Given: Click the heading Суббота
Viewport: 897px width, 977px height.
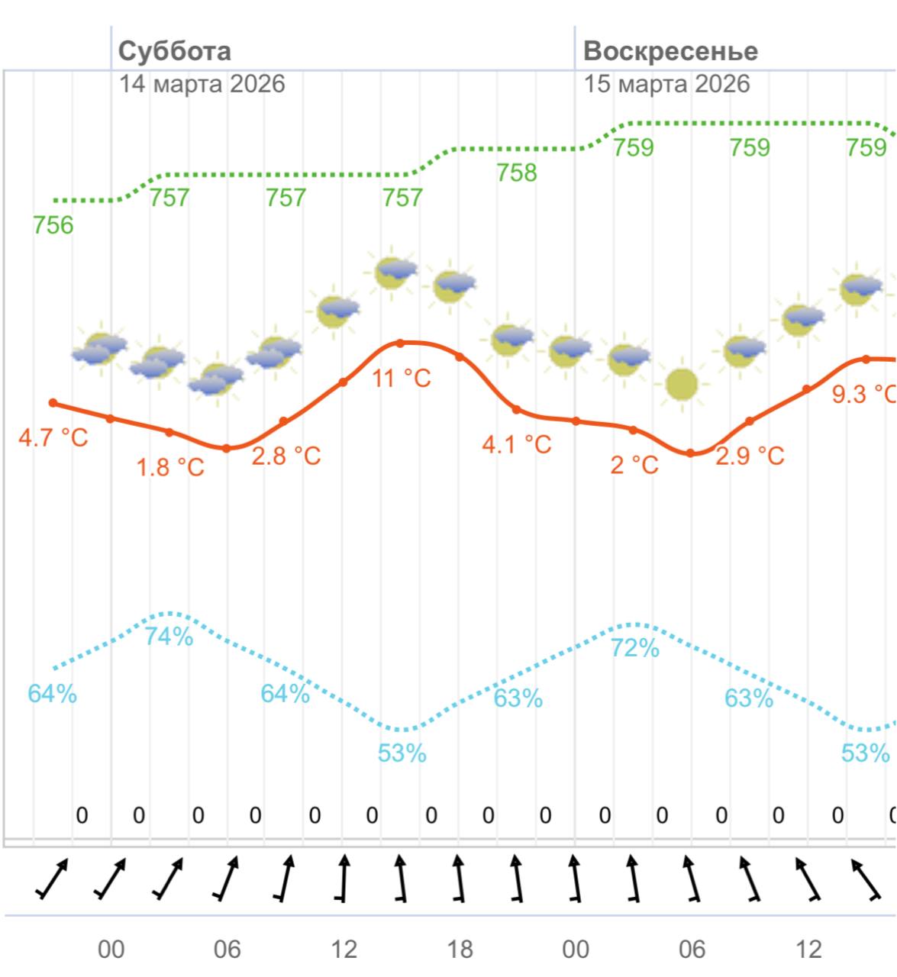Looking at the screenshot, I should tap(175, 51).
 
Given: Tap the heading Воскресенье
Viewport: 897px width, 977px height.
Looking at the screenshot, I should tap(670, 51).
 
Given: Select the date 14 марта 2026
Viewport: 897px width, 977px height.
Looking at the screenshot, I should tap(202, 83).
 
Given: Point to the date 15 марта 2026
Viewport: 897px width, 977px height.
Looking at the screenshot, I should tap(666, 83).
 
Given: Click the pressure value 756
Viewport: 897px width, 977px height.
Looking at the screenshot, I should tap(53, 225).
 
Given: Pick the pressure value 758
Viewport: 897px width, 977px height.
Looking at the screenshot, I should tap(517, 173).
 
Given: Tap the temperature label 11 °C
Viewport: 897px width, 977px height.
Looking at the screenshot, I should tap(402, 377).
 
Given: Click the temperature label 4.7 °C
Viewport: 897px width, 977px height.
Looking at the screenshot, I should tap(53, 438).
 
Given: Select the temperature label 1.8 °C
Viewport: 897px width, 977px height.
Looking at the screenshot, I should tap(170, 467).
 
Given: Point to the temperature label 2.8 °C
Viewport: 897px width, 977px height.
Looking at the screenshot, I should tap(286, 456).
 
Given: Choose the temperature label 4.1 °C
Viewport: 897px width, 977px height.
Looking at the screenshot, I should tap(517, 444).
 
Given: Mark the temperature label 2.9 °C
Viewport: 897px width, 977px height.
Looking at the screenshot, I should tap(750, 456).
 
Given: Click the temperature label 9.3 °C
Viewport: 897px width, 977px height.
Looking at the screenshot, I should tap(863, 394).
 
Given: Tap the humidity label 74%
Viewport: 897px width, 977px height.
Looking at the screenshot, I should tap(169, 636).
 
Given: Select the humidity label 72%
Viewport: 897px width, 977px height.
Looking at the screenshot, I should tap(634, 648).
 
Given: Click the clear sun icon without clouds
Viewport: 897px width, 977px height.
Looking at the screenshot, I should tap(682, 385).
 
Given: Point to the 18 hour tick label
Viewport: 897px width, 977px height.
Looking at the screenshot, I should tap(460, 950).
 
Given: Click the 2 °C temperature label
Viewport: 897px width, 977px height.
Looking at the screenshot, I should tap(634, 464).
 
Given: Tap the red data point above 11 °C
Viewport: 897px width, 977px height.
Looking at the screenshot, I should tap(401, 343).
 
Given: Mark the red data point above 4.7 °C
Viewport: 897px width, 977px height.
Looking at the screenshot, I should tap(53, 403).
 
